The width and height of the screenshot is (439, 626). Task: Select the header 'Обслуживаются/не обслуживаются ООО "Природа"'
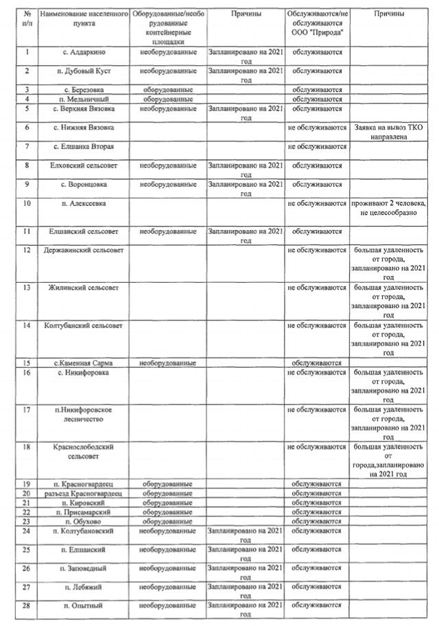tap(316, 23)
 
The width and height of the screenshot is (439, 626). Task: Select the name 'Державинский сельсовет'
tap(83, 249)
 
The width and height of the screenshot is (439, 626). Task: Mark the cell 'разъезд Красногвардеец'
tap(83, 493)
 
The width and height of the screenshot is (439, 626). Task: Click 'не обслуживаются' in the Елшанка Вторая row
tap(316, 147)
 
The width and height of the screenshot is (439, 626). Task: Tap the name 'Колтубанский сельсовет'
tap(83, 325)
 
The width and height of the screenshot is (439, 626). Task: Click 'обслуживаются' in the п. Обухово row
tap(316, 522)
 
